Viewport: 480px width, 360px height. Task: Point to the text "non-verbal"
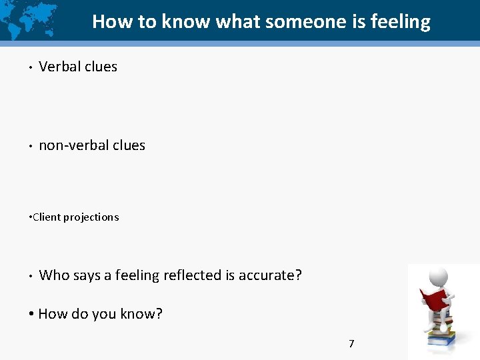click(x=73, y=145)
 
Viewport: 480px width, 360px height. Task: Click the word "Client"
click(x=46, y=217)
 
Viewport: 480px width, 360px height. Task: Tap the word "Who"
click(x=54, y=275)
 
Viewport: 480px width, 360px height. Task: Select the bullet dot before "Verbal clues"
click(x=31, y=67)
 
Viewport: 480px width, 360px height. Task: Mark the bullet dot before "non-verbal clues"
click(x=31, y=146)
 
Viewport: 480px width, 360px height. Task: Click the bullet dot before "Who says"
click(x=31, y=275)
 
